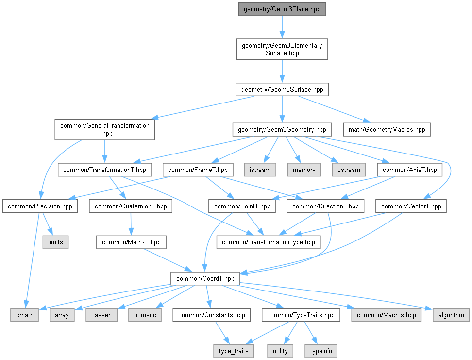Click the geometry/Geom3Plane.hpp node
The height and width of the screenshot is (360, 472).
(x=282, y=9)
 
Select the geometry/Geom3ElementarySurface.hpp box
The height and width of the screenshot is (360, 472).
(x=282, y=49)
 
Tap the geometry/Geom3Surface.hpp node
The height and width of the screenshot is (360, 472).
(x=282, y=89)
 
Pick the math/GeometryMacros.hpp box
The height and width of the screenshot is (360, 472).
(x=387, y=130)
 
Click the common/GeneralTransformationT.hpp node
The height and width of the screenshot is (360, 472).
(x=105, y=129)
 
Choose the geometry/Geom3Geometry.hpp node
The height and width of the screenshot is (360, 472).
(x=282, y=130)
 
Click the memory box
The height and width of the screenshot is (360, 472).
(x=304, y=170)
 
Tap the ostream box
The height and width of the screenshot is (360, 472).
(x=349, y=170)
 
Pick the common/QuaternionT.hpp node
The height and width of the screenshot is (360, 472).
(x=131, y=206)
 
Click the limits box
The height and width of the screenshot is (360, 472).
(x=55, y=241)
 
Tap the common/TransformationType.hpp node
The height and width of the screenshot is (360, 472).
(x=269, y=241)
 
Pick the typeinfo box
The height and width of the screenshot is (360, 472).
(x=320, y=351)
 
